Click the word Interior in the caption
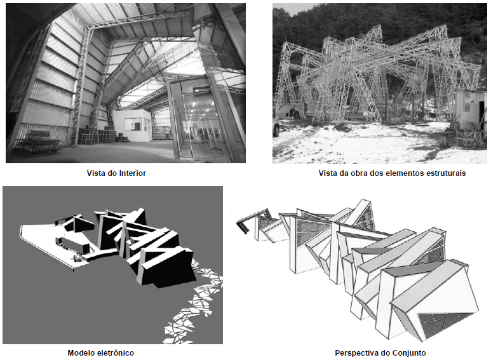pos(133,173)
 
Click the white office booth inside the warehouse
pos(132,124)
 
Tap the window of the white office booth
pos(135,124)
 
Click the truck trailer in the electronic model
pos(72,245)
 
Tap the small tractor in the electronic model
pos(77,257)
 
